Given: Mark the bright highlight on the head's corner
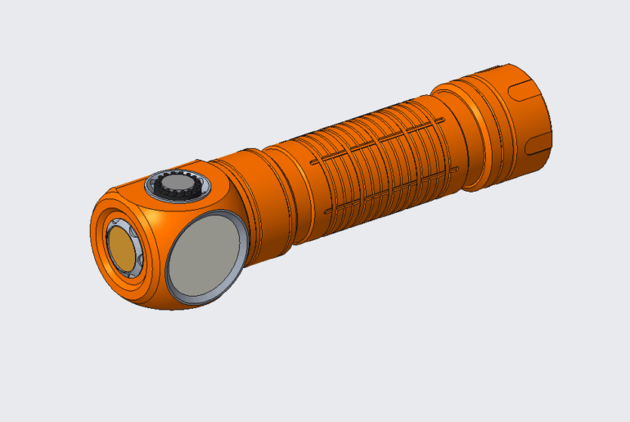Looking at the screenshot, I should [147, 220].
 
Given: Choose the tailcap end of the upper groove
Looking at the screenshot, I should [442, 122].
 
